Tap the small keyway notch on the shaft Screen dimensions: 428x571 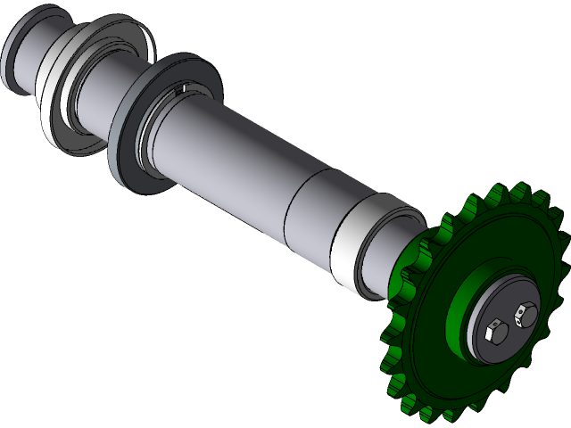click(x=183, y=87)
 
